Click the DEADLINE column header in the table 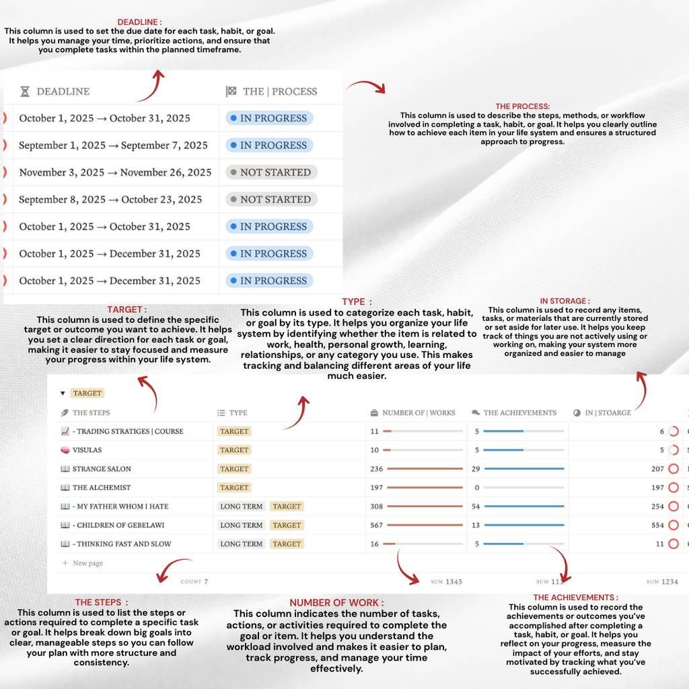click(63, 92)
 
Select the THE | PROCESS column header click(279, 92)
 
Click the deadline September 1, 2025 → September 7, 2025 click(113, 145)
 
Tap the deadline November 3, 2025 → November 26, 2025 click(115, 172)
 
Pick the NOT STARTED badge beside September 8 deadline click(271, 199)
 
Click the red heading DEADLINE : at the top click(139, 22)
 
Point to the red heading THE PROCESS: click(522, 106)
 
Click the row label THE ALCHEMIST click(102, 487)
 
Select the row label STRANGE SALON click(102, 468)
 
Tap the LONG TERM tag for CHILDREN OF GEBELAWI click(241, 525)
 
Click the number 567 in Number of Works click(376, 525)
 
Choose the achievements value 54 click(477, 506)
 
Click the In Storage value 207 click(657, 468)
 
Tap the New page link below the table click(87, 563)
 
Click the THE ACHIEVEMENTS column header click(519, 412)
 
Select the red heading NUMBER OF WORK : click(336, 602)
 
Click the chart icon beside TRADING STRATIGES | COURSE click(65, 431)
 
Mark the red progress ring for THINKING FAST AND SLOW click(674, 544)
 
